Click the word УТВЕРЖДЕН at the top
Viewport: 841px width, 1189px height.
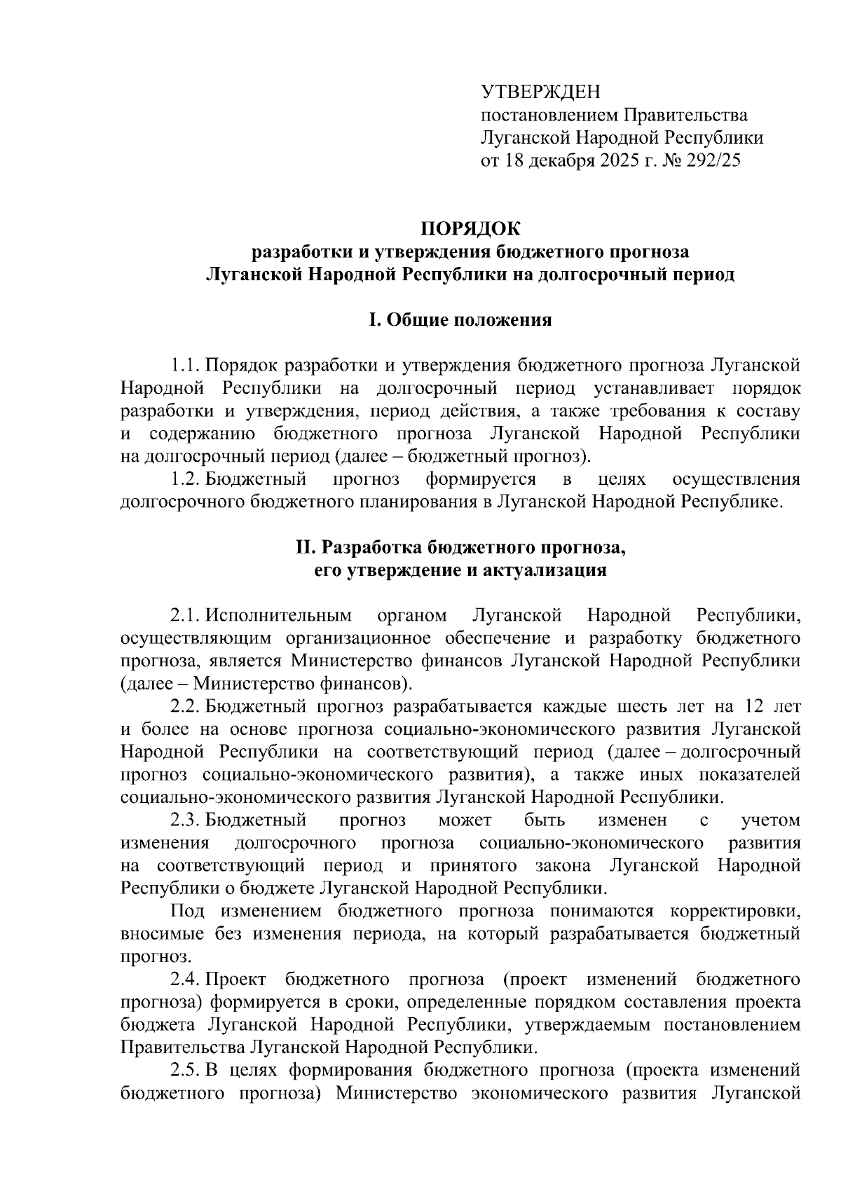tap(540, 92)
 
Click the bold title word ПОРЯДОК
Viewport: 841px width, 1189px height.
tap(470, 229)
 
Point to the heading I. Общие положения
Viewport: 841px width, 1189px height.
tap(460, 320)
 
